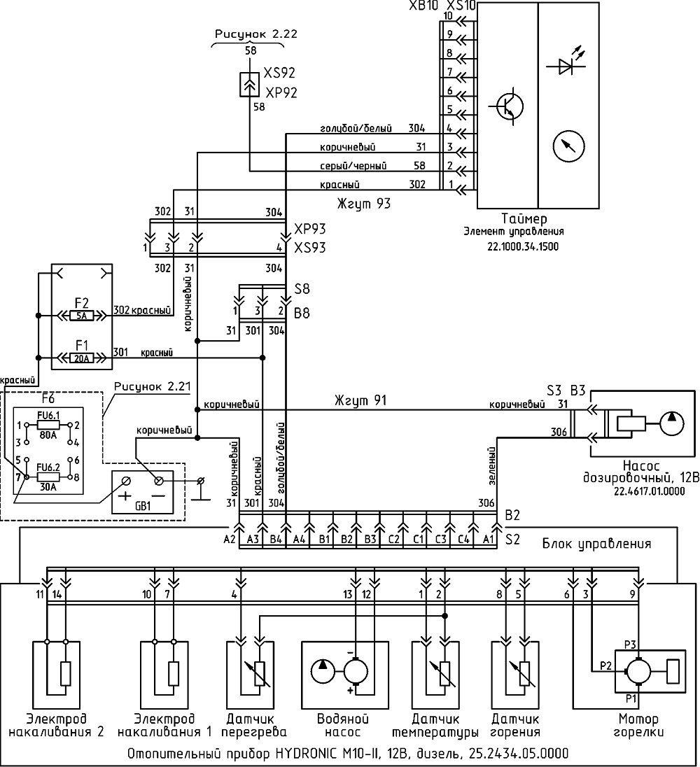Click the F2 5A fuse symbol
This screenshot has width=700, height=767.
coord(82,316)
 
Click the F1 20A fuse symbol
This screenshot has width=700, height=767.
coord(82,358)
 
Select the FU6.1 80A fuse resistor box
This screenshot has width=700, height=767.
coord(48,425)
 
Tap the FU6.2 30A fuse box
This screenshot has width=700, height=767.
coord(48,477)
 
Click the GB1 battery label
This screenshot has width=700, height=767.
coord(143,506)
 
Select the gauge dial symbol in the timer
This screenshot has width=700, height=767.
coord(569,146)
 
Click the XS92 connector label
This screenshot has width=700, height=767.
coord(279,73)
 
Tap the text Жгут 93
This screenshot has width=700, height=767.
coord(364,204)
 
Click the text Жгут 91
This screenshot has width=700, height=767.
coord(360,400)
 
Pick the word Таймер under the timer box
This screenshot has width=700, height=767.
coord(524,218)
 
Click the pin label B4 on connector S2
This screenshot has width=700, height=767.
coord(276,540)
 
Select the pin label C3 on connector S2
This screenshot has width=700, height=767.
coord(441,540)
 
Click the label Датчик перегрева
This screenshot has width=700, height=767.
coord(256,726)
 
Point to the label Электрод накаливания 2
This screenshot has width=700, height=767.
coord(57,726)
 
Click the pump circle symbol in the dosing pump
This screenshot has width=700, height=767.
coord(672,423)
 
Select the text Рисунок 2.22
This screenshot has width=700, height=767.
coord(255,34)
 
